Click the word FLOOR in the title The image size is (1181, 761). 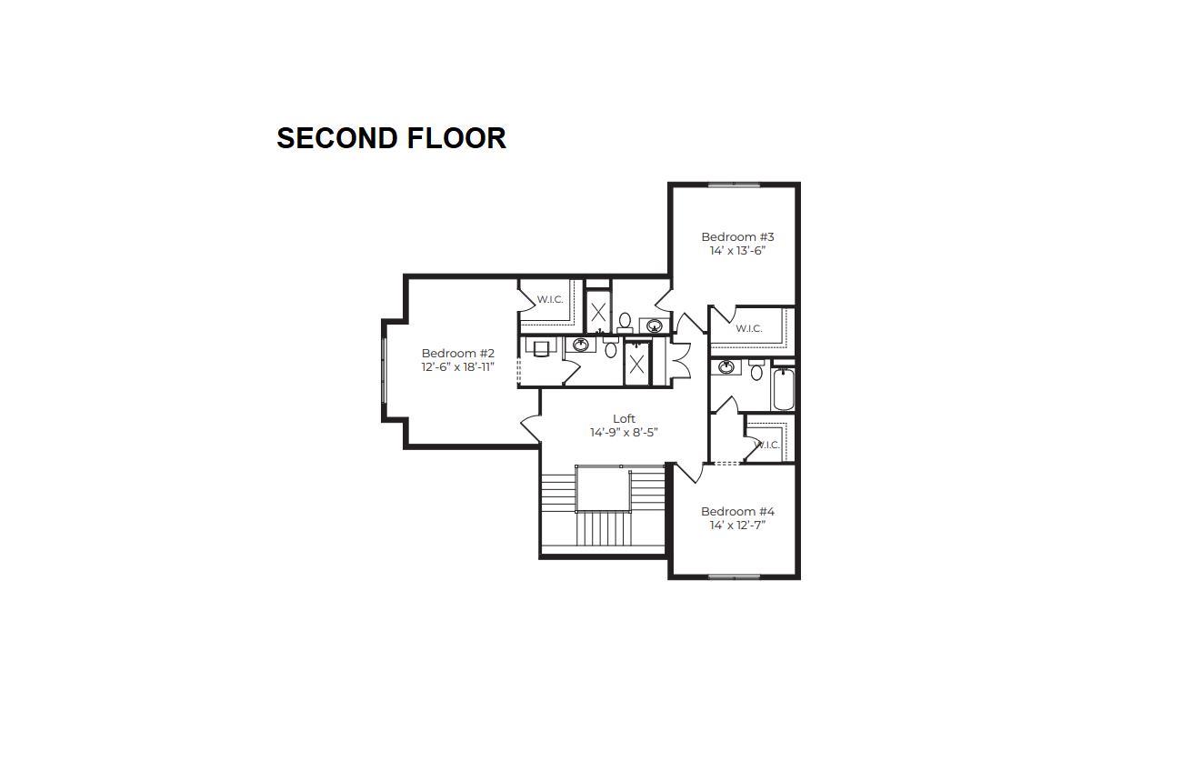pos(456,138)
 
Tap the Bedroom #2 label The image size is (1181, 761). pos(457,353)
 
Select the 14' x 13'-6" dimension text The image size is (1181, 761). pos(737,251)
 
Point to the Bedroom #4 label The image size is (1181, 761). pos(737,511)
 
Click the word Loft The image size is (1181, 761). pos(624,418)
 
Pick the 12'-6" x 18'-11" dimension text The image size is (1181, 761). pos(457,367)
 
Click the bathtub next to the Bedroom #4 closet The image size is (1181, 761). pos(784,389)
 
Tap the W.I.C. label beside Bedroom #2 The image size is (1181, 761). pos(550,299)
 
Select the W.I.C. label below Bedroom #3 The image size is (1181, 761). pos(748,328)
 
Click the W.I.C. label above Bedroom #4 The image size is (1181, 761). pos(767,446)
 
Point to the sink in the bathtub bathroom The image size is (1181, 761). pos(726,366)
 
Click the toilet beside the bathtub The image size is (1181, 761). pos(756,370)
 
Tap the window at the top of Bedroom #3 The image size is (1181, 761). pos(734,185)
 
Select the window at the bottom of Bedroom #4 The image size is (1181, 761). pos(734,577)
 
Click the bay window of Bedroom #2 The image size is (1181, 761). pos(384,370)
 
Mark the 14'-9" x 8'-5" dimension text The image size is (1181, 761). pos(624,433)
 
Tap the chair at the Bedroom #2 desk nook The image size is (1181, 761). pos(542,348)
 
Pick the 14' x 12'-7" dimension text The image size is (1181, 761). pos(737,526)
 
